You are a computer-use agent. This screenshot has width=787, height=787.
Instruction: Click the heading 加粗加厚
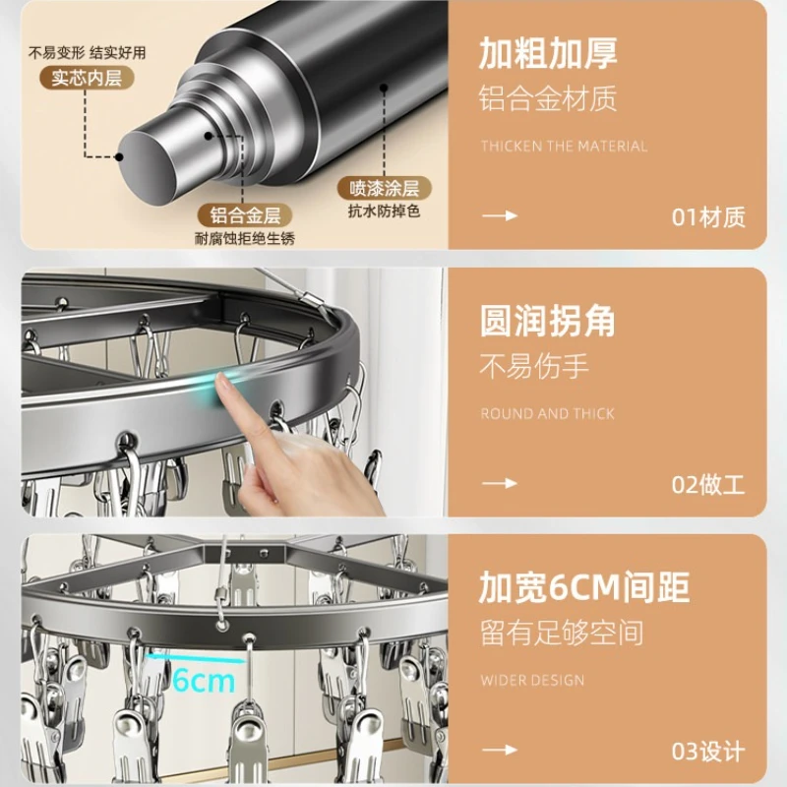click(x=548, y=53)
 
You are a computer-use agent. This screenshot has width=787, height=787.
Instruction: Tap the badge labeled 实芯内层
click(x=87, y=79)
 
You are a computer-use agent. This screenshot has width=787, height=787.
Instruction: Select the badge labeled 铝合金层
click(x=245, y=215)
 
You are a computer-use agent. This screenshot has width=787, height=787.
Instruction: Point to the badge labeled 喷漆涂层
click(x=385, y=188)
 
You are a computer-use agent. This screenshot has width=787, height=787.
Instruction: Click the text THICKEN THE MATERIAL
click(x=564, y=146)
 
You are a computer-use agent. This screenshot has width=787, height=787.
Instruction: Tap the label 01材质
click(x=708, y=217)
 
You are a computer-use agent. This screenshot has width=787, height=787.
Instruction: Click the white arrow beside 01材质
click(x=500, y=215)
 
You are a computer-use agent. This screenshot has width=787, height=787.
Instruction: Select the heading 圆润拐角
click(x=547, y=321)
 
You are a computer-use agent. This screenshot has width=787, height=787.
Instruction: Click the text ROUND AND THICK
click(x=547, y=413)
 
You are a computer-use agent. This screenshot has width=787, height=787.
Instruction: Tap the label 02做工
click(x=708, y=485)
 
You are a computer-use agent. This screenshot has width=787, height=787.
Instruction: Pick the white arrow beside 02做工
click(x=500, y=483)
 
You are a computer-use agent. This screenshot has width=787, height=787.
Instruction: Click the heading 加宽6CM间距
click(x=584, y=587)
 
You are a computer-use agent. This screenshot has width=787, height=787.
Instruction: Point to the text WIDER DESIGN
click(x=532, y=680)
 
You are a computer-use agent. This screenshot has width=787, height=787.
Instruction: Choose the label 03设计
click(x=708, y=752)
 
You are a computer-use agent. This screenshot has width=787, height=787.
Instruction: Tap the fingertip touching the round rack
click(x=221, y=385)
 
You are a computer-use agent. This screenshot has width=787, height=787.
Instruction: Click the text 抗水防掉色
click(x=385, y=212)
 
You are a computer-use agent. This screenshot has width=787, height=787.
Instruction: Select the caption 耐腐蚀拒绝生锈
click(x=245, y=238)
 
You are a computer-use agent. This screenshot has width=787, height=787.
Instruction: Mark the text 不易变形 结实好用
click(x=87, y=53)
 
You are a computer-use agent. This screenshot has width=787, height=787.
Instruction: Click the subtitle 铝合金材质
click(x=548, y=98)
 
